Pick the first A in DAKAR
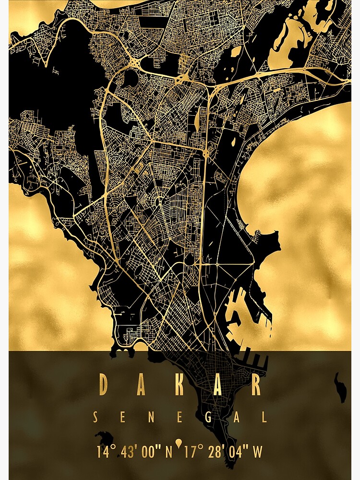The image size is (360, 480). (x=141, y=385)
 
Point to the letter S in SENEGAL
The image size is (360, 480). (x=96, y=418)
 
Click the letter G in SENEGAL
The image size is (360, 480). (x=208, y=418)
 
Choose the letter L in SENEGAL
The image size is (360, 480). (x=264, y=418)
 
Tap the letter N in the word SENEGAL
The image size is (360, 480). (x=152, y=418)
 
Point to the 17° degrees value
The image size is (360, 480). (x=194, y=452)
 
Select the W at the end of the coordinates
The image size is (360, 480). (x=258, y=452)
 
